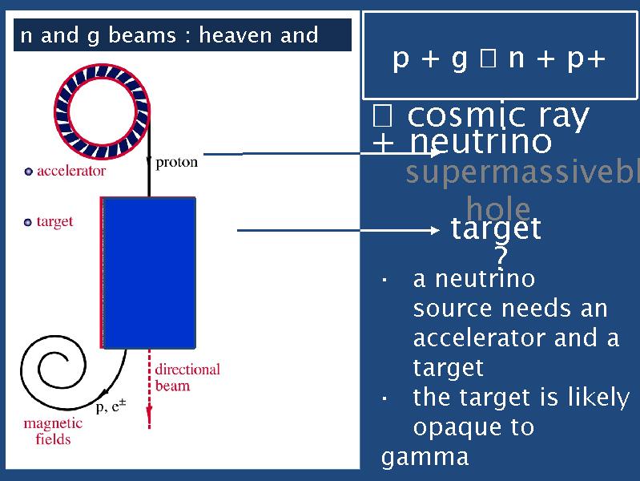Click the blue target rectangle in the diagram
[150, 272]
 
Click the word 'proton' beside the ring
[176, 163]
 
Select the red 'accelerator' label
[71, 171]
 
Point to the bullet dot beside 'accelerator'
[29, 171]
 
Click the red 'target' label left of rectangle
[54, 222]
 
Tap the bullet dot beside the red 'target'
[29, 222]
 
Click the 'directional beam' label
[187, 378]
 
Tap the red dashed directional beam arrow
[149, 393]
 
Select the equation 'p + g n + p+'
[498, 59]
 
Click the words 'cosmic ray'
[497, 117]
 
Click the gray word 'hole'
[497, 209]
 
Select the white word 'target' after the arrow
[496, 230]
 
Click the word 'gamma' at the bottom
[425, 458]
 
